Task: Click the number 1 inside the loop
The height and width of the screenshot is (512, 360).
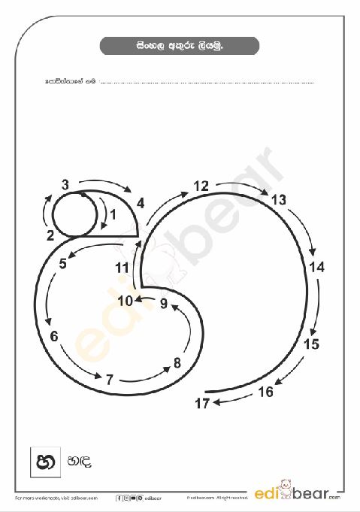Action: click(113, 214)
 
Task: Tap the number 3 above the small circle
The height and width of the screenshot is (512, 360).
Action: click(65, 184)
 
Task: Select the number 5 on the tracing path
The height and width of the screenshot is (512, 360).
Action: click(63, 263)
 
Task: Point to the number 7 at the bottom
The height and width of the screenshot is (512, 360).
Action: click(109, 379)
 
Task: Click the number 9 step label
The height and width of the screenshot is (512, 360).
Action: click(163, 303)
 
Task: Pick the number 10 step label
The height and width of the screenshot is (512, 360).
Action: click(125, 301)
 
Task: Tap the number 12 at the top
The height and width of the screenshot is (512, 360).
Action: click(201, 186)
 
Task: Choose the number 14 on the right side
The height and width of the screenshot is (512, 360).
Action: click(316, 267)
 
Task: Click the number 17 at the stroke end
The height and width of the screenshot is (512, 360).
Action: click(201, 404)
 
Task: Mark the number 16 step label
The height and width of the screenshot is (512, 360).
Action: click(265, 392)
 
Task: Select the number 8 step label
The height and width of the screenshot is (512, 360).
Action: click(177, 363)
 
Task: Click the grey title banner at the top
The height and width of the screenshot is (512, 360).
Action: click(180, 47)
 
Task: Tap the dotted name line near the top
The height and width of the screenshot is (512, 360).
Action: click(207, 80)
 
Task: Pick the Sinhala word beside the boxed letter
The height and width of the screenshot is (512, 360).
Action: click(80, 462)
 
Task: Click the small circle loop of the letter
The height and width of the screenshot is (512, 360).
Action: click(75, 214)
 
